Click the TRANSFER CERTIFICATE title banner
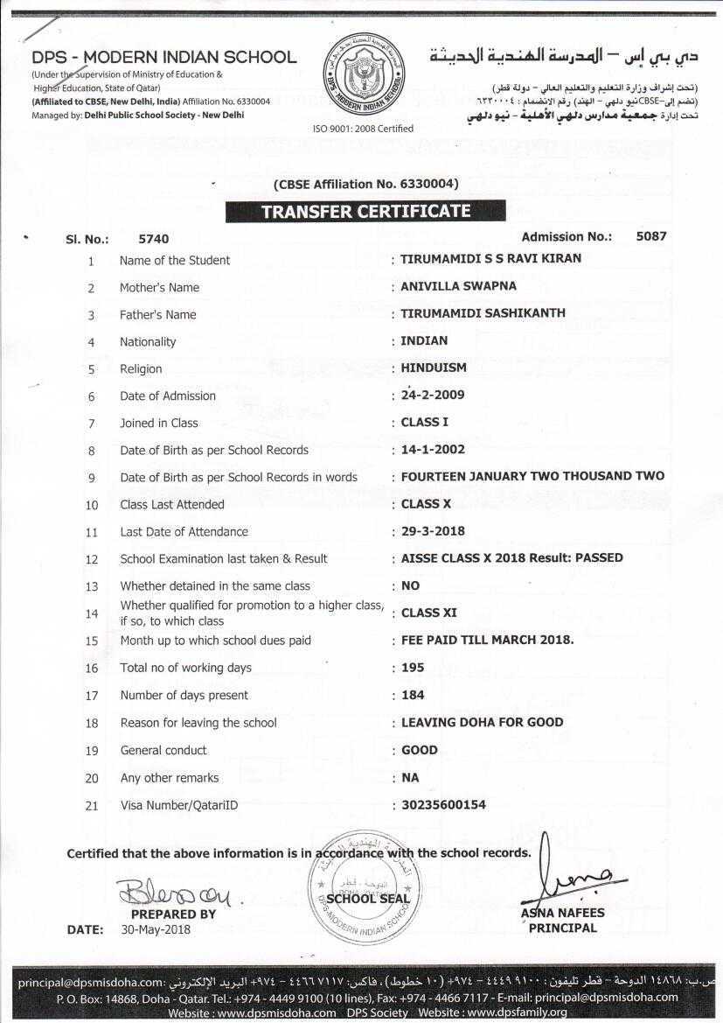coord(365,211)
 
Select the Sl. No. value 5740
coord(153,239)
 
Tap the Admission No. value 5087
coord(651,236)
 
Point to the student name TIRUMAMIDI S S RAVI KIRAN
coord(490,259)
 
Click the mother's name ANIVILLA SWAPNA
coord(458,286)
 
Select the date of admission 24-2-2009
coord(432,395)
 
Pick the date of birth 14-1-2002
coord(433,449)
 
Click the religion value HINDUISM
coord(434,368)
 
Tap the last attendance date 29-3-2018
coord(433,530)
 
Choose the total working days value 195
coord(413,667)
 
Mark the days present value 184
coord(413,695)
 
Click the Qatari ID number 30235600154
coord(443,804)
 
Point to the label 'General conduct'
coord(163,750)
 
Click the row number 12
coord(92,559)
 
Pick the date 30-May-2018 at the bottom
coord(155,929)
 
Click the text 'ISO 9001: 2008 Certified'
coord(363,129)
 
